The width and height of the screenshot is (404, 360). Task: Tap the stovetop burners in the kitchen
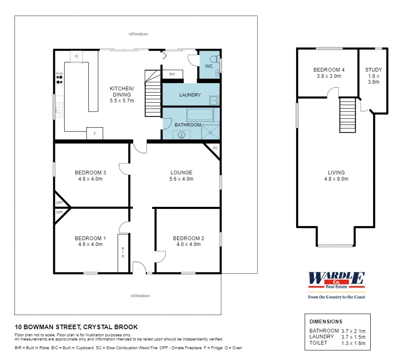59,78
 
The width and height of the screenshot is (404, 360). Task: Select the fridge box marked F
95,134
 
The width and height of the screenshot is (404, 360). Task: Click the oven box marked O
76,56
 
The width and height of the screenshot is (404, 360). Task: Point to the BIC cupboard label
172,74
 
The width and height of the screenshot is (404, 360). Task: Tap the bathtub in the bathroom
200,114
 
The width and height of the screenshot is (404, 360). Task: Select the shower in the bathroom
210,132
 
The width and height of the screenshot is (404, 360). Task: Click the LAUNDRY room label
190,95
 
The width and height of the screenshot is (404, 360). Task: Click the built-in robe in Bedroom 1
123,253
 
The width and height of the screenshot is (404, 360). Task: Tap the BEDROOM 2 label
188,238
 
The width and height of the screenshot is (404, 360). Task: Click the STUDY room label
373,70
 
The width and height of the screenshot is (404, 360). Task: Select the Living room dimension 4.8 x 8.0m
336,179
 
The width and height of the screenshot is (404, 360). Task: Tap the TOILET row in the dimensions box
337,343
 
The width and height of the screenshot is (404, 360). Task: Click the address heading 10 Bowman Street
76,327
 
